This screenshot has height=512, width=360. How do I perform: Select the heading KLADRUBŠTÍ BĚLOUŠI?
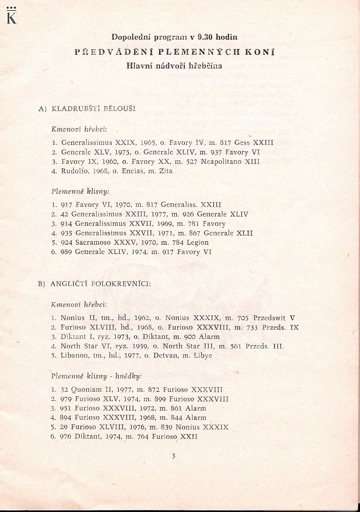[92, 109]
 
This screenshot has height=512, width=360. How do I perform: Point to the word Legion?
[197, 242]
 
